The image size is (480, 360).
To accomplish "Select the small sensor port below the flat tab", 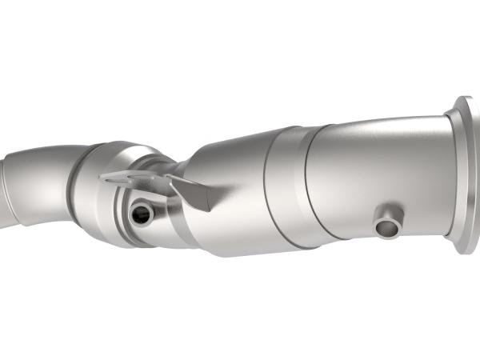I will point(141,213).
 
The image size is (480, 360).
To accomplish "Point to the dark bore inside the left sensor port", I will point(142,214).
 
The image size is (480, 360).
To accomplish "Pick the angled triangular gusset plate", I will point(190,192).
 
